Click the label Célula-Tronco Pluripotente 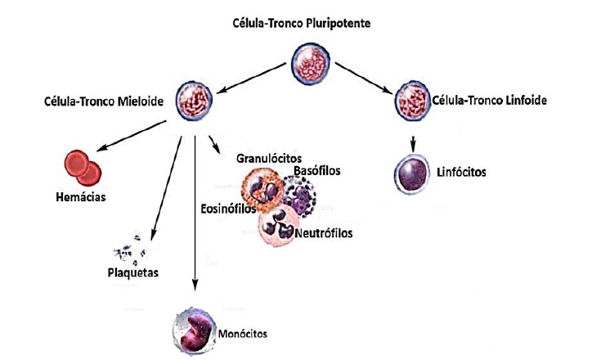302,22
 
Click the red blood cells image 83,166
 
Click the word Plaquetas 134,272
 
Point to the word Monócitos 242,334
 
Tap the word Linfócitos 463,173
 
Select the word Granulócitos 269,156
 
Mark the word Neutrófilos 324,232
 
